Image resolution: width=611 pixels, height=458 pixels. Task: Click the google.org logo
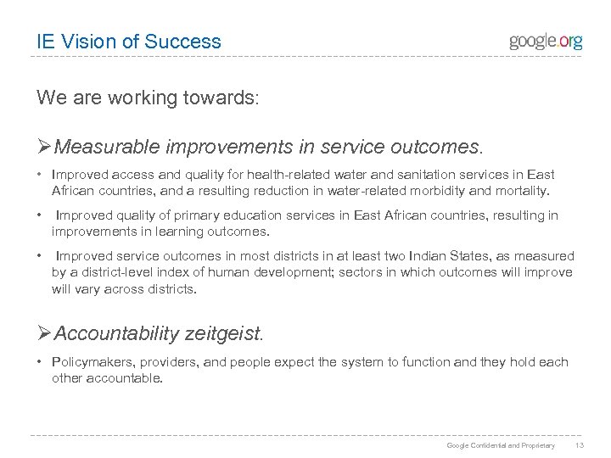coord(546,42)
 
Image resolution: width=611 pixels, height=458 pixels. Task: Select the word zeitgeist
coord(221,333)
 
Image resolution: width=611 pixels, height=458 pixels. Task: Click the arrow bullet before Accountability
coord(44,333)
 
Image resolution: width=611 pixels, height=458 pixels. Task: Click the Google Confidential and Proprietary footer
coord(501,444)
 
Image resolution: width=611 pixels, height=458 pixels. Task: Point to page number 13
coord(579,444)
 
